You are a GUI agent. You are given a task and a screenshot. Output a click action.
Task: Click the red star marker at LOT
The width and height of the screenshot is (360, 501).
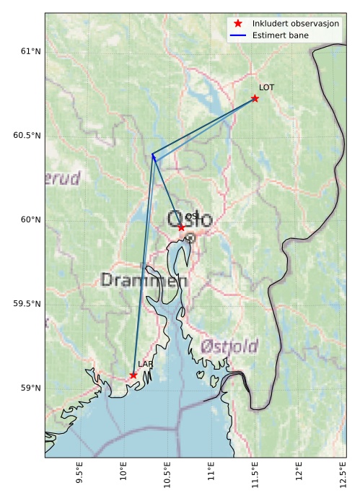point(255,98)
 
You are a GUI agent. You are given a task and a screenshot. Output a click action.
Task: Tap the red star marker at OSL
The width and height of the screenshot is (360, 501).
point(181,227)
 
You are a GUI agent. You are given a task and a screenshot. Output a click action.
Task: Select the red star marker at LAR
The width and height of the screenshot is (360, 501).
point(133,375)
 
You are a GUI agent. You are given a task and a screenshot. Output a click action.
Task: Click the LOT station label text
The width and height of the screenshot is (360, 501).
point(267,87)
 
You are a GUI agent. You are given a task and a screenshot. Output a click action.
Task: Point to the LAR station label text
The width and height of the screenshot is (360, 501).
point(145,365)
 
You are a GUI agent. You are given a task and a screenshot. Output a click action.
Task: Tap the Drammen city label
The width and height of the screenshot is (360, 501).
point(144,280)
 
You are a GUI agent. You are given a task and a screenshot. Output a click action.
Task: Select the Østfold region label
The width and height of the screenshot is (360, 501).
point(229,346)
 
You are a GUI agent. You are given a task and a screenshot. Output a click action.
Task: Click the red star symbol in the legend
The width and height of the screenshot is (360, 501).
point(238,24)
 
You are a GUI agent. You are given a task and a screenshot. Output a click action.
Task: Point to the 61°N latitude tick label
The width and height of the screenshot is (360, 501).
point(30,51)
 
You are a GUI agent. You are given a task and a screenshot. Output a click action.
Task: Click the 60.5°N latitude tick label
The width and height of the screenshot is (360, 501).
point(27,136)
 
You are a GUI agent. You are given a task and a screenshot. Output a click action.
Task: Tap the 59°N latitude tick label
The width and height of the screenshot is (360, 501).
point(30,388)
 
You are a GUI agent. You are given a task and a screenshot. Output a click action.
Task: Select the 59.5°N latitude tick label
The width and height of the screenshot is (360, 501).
point(27,304)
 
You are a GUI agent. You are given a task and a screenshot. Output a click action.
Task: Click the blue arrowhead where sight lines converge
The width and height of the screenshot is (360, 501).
point(153,155)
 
